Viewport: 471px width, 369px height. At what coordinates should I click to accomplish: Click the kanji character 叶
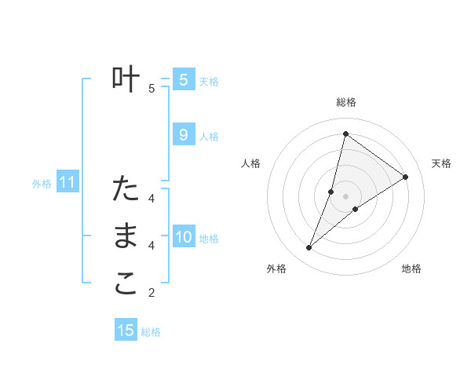coord(126,80)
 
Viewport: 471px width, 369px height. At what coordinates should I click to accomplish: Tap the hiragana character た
coord(126,189)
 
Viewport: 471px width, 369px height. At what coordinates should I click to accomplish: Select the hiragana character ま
coord(126,237)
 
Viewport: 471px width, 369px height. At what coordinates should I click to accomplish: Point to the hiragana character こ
coord(126,284)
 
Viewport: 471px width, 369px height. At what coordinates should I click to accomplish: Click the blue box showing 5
coord(183,80)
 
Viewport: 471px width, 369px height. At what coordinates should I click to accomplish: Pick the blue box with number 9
coord(183,135)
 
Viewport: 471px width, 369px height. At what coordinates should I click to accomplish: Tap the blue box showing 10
coord(183,237)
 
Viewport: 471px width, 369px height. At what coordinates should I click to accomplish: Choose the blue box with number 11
coord(68,183)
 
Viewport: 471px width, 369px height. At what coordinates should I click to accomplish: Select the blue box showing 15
coord(126,331)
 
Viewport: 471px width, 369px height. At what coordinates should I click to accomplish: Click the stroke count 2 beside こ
coord(152,294)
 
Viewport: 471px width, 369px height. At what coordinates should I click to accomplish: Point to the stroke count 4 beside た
coord(152,198)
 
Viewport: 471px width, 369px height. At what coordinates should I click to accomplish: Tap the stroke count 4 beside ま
coord(152,246)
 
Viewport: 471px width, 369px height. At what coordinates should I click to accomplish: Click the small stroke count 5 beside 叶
coord(152,88)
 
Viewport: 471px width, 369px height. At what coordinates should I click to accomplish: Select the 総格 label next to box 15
coord(151,332)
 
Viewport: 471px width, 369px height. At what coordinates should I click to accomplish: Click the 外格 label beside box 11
coord(42,184)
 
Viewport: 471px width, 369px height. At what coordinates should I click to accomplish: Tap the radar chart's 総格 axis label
coord(345,102)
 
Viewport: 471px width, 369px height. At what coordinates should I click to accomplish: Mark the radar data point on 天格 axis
coord(406,177)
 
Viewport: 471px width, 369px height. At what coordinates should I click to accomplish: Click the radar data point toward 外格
coord(309,248)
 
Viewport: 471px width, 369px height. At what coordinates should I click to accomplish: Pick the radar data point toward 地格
coord(356,209)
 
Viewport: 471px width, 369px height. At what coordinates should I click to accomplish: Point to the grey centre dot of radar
coord(345,195)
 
